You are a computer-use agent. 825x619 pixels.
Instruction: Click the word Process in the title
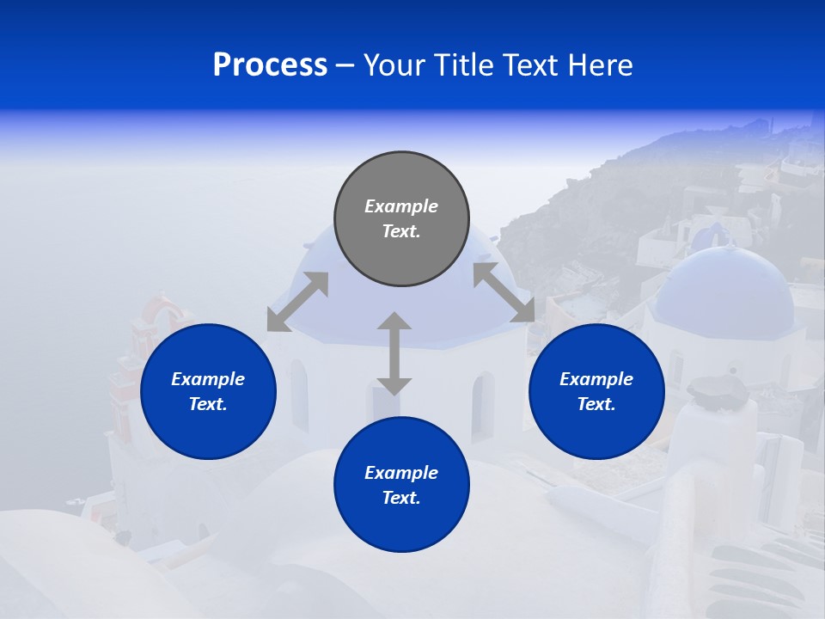(x=270, y=65)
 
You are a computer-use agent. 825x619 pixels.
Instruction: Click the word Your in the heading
(x=394, y=65)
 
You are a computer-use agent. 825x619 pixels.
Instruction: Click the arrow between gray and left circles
(x=297, y=301)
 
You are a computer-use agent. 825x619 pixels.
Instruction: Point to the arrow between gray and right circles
(x=504, y=292)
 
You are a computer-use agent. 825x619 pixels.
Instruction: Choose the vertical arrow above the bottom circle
(x=394, y=353)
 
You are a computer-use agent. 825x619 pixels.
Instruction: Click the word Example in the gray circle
(x=401, y=206)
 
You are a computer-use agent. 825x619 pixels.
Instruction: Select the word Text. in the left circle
(x=208, y=404)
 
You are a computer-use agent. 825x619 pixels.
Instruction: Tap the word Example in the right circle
(x=596, y=379)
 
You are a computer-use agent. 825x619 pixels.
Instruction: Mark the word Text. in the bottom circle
(x=401, y=498)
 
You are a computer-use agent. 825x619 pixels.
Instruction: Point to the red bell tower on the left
(x=159, y=322)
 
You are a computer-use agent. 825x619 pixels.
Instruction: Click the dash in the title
(x=345, y=65)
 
